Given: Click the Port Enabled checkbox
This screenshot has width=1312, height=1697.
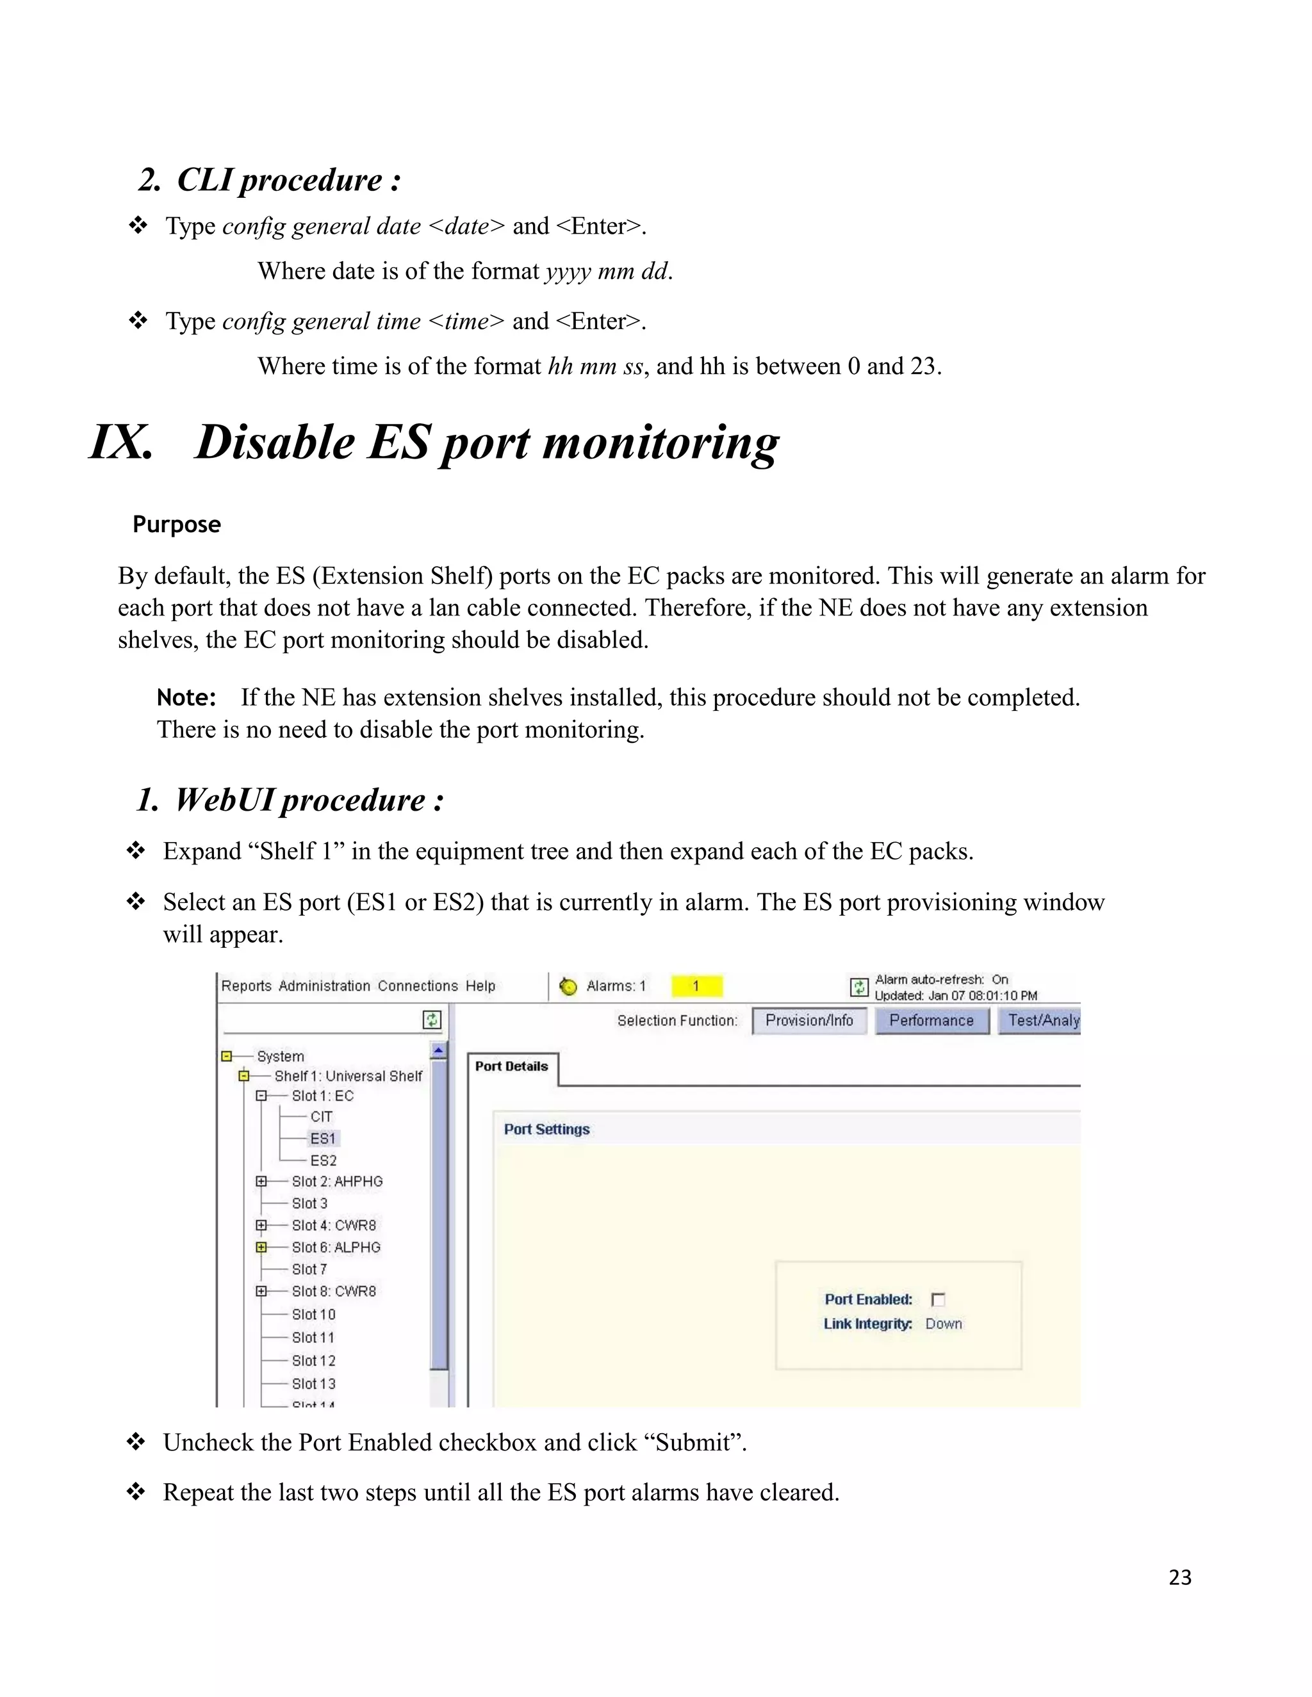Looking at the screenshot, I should point(938,1299).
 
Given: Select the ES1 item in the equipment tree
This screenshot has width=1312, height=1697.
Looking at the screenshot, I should point(324,1139).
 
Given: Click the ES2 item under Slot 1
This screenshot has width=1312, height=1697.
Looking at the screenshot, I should point(324,1160).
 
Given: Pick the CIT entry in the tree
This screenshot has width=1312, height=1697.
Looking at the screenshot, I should point(321,1117).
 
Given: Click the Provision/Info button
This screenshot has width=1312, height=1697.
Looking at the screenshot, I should point(809,1020).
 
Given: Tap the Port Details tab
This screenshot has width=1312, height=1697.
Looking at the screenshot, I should point(511,1067).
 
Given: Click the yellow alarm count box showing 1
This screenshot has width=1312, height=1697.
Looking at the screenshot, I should point(696,986).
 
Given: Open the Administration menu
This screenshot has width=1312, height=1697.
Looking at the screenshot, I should point(324,986).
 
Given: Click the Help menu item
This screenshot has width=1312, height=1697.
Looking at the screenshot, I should point(480,986).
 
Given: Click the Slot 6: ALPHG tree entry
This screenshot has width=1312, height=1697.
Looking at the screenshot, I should point(336,1247).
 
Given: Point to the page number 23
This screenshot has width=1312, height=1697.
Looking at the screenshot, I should point(1180,1577).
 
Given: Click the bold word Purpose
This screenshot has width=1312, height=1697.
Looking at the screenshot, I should point(176,524).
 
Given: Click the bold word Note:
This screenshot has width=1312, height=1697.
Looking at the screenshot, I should point(186,698).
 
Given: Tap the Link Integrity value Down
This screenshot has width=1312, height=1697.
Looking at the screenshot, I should point(944,1324).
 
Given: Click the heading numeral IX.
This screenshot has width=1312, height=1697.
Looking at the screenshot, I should point(121,442).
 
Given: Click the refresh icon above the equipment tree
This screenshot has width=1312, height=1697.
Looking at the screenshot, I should point(432,1019).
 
